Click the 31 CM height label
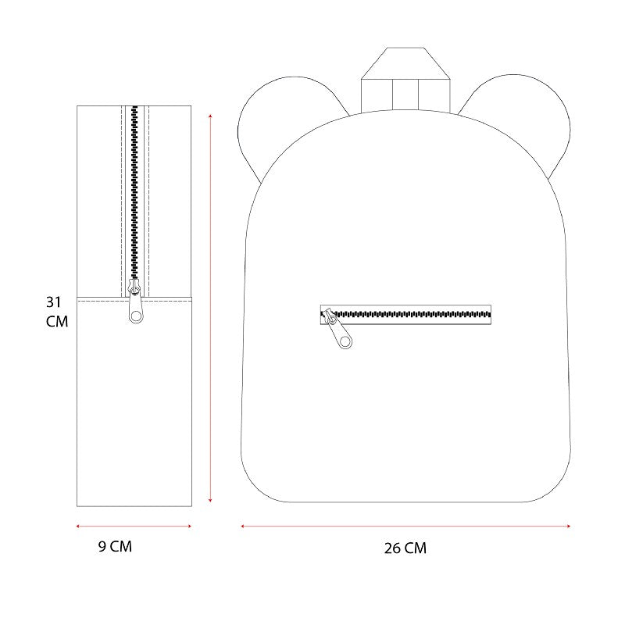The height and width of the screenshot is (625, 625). (57, 312)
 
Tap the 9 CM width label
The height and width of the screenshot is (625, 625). (115, 546)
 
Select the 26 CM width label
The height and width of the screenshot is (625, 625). (405, 548)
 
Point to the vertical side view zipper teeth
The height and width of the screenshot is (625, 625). (134, 192)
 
